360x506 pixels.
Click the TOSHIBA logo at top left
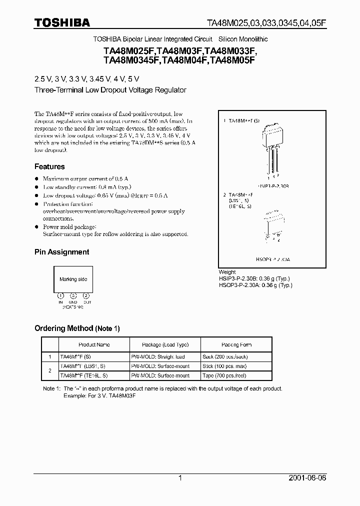[62, 22]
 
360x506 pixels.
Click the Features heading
[49, 166]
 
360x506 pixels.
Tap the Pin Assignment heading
[61, 252]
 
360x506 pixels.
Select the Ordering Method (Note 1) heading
[77, 328]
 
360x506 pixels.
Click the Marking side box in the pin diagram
[73, 279]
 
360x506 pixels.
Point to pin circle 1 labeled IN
[61, 295]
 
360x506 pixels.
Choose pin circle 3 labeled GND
[73, 295]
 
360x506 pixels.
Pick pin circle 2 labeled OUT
[86, 295]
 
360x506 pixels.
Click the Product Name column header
[94, 345]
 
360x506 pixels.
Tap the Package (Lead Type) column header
[165, 345]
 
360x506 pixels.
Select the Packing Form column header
[236, 345]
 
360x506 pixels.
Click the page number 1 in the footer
[180, 478]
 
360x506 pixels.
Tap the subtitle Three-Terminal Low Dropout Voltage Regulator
[110, 90]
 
